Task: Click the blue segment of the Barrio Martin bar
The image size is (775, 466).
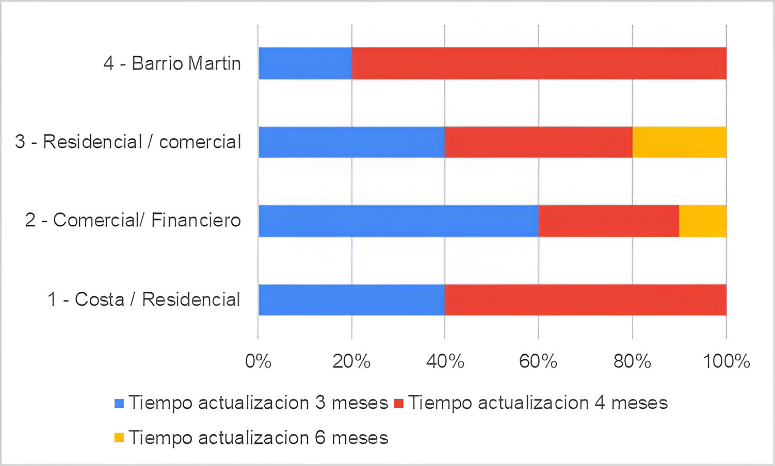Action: click(x=305, y=63)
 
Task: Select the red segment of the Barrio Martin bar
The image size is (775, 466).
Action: click(x=539, y=63)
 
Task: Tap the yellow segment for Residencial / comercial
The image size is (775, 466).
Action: click(x=679, y=142)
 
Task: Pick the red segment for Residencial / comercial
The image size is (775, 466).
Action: click(x=538, y=142)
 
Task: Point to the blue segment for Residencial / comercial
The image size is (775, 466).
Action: click(x=351, y=142)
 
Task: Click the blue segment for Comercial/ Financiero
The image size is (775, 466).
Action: click(x=398, y=221)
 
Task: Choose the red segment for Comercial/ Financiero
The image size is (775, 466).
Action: click(x=608, y=221)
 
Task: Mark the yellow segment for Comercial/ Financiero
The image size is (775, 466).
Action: click(x=702, y=221)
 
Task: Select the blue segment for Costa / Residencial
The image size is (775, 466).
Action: click(x=351, y=300)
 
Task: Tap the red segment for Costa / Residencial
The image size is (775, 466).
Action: click(x=585, y=300)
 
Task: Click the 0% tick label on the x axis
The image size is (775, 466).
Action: click(x=258, y=361)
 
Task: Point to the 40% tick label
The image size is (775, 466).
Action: click(x=445, y=361)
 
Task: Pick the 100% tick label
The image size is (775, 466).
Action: click(x=726, y=361)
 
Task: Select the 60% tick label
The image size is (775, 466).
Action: click(x=538, y=361)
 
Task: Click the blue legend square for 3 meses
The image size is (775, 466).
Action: click(x=119, y=403)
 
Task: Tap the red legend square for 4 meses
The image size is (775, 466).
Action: click(x=398, y=403)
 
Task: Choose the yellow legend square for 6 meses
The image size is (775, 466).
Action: click(x=119, y=438)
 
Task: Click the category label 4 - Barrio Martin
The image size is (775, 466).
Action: click(x=172, y=63)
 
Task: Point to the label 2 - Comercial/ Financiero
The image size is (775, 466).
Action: click(x=133, y=221)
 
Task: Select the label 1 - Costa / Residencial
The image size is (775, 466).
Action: click(x=144, y=299)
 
